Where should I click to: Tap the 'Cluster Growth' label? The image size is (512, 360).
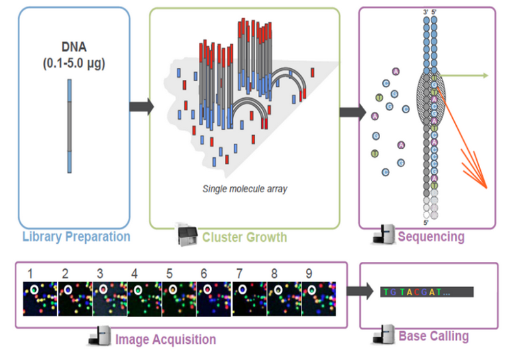pyautogui.click(x=245, y=237)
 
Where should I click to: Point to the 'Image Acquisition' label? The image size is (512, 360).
pyautogui.click(x=165, y=339)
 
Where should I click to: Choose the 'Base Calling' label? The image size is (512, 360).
pyautogui.click(x=433, y=336)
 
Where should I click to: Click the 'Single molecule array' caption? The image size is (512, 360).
pyautogui.click(x=245, y=189)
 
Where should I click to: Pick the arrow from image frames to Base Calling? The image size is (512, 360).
pyautogui.click(x=357, y=290)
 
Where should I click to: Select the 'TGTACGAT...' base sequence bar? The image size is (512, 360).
pyautogui.click(x=426, y=292)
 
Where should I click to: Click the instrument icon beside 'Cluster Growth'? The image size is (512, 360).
pyautogui.click(x=188, y=236)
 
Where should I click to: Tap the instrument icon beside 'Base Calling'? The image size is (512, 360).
pyautogui.click(x=383, y=336)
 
